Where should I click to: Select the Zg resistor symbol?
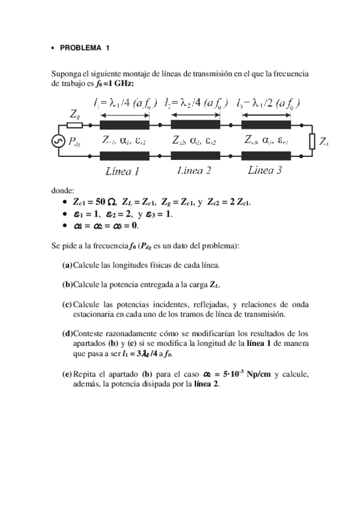pos(75,125)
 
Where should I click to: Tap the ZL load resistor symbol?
pos(312,141)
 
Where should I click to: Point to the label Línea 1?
pos(122,171)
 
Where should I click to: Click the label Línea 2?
pos(195,171)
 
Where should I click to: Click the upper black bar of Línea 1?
pos(124,125)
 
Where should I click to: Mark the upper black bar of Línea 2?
pos(195,125)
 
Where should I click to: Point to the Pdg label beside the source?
pos(76,142)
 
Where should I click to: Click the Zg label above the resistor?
pos(75,113)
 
